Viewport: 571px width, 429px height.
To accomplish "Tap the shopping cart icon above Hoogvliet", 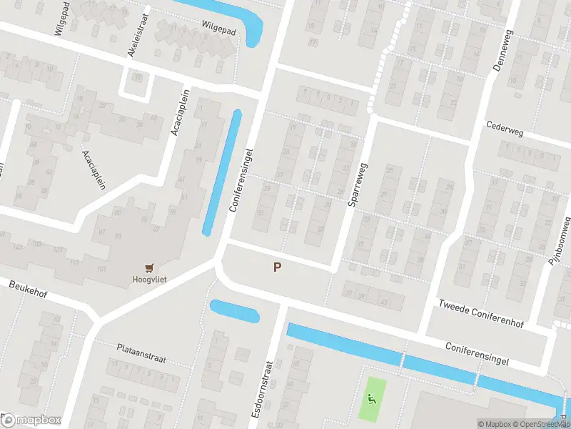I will coord(149,267).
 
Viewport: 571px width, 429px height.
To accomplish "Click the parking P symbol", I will coord(277,267).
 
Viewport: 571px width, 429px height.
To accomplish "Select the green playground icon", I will coord(370,400).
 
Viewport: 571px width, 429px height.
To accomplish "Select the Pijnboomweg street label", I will coord(561,242).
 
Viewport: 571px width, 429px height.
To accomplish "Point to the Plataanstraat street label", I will coord(141,352).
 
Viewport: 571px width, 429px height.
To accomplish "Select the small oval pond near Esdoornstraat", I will coord(234,311).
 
